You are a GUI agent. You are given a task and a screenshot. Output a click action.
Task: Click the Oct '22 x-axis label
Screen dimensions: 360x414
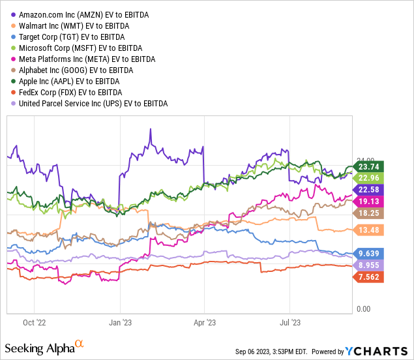point(34,322)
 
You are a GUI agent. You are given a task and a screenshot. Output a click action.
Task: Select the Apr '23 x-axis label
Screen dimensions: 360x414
point(205,322)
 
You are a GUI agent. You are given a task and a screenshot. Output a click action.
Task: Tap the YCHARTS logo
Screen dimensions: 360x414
point(384,352)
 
